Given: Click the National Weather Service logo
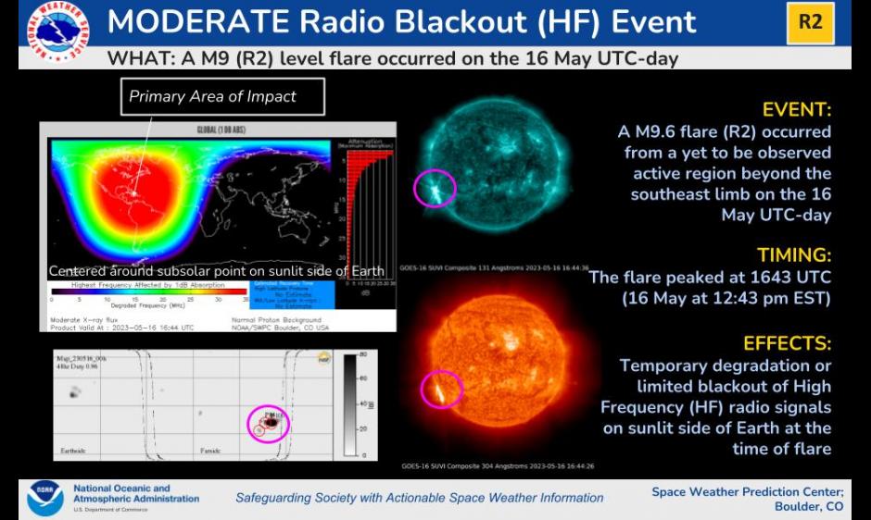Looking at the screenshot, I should pyautogui.click(x=57, y=27).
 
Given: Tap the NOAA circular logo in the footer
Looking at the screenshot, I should pyautogui.click(x=44, y=497).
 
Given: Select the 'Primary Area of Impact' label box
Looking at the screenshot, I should pyautogui.click(x=212, y=96).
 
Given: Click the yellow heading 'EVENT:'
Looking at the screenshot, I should pyautogui.click(x=796, y=108).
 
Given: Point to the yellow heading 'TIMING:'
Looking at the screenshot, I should pyautogui.click(x=793, y=254).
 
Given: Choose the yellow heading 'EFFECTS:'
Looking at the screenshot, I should pyautogui.click(x=788, y=343).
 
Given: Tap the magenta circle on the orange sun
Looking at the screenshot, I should pyautogui.click(x=442, y=389).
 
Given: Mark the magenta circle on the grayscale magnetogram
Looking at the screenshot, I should pyautogui.click(x=269, y=424).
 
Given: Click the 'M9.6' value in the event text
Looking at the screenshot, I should pyautogui.click(x=650, y=132).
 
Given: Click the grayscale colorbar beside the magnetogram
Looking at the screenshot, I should pyautogui.click(x=349, y=404).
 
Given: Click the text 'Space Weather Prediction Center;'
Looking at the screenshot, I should pyautogui.click(x=747, y=491).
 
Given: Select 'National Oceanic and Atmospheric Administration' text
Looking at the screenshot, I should pyautogui.click(x=135, y=493).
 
